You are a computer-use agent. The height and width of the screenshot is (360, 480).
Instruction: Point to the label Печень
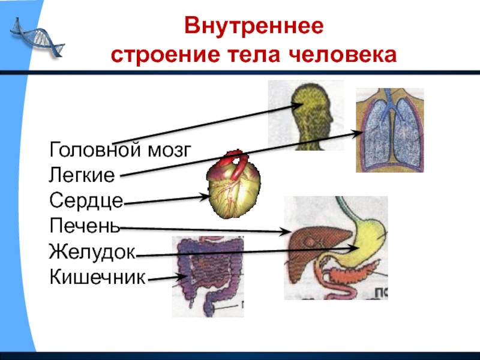(85, 227)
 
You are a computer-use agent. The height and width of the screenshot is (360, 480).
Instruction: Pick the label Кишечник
(98, 278)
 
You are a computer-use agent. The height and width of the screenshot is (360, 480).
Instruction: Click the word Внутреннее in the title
(254, 27)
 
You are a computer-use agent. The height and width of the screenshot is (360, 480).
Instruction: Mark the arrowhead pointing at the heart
(203, 196)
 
